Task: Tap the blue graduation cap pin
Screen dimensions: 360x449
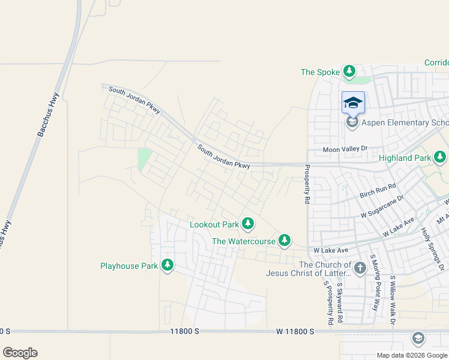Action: point(353,103)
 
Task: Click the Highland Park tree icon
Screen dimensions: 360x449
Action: point(441,158)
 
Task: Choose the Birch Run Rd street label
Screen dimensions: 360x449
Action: point(378,191)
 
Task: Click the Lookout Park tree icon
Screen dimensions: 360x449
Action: point(247,224)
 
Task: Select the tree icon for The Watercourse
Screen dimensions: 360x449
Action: point(284,241)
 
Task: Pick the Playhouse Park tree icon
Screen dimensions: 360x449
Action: point(167,265)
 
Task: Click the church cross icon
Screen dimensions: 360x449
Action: point(360,268)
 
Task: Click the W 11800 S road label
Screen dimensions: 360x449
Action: point(295,331)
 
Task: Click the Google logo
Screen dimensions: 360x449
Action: point(20,353)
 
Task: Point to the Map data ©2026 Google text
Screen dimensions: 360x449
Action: point(412,355)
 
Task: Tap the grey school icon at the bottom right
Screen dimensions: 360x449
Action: point(418,339)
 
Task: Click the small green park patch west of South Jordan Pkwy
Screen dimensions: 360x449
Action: point(144,160)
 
